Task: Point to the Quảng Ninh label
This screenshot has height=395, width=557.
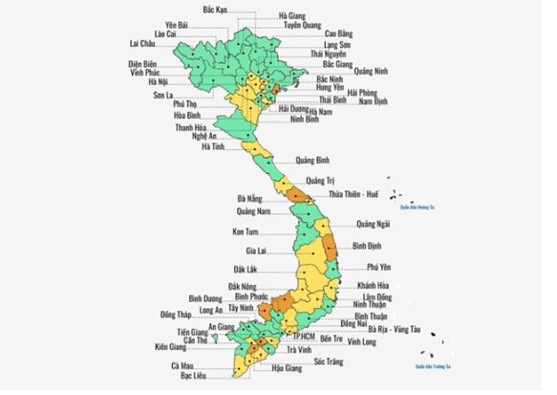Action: (372, 71)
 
